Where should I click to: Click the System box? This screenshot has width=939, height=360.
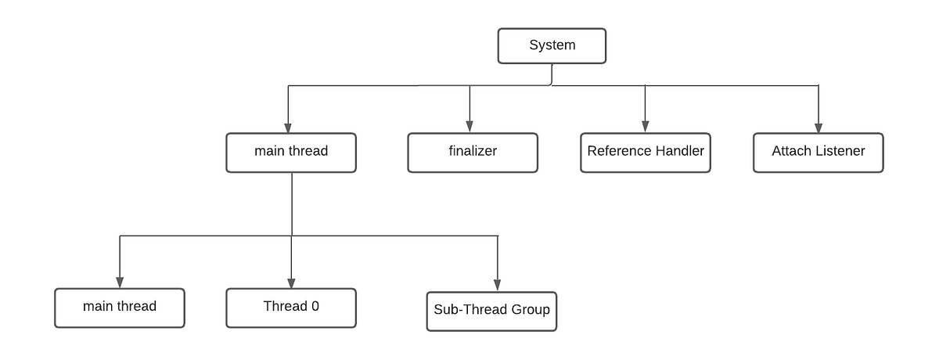click(552, 45)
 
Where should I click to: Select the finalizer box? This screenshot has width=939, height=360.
click(472, 152)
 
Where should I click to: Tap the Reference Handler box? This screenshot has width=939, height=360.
click(646, 152)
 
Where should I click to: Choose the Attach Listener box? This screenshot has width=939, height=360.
click(818, 152)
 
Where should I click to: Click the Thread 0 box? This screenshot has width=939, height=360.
click(291, 307)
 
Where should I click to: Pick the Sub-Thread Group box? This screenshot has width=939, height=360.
click(491, 310)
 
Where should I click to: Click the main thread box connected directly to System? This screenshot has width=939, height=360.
click(291, 152)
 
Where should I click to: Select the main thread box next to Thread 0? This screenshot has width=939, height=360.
click(120, 307)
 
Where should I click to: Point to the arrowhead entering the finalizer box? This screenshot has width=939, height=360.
click(470, 127)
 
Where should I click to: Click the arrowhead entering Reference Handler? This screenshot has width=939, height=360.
click(645, 127)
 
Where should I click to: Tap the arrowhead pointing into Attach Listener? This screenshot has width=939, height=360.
click(818, 127)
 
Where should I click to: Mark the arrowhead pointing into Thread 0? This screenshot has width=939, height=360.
click(291, 283)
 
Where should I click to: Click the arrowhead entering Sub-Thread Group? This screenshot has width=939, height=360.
click(498, 286)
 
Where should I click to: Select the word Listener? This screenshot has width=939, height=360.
click(840, 151)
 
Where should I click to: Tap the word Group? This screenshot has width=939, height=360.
click(531, 310)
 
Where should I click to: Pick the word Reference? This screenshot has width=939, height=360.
click(619, 151)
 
